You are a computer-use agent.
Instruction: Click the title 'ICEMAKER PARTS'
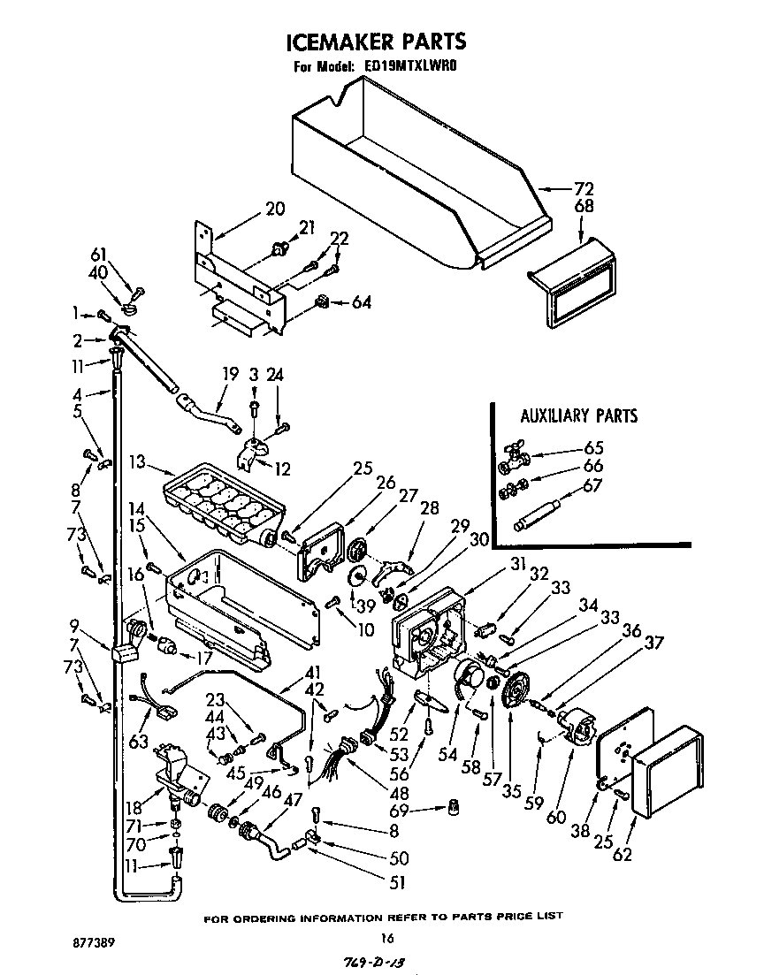click(375, 42)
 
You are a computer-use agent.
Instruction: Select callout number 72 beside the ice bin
click(584, 188)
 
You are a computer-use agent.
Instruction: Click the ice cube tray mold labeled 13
click(226, 504)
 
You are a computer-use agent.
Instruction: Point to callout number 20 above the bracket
click(275, 209)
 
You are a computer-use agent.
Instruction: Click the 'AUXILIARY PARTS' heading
click(578, 416)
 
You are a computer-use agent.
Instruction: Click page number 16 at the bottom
click(385, 938)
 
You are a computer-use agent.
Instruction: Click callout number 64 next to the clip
click(361, 302)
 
